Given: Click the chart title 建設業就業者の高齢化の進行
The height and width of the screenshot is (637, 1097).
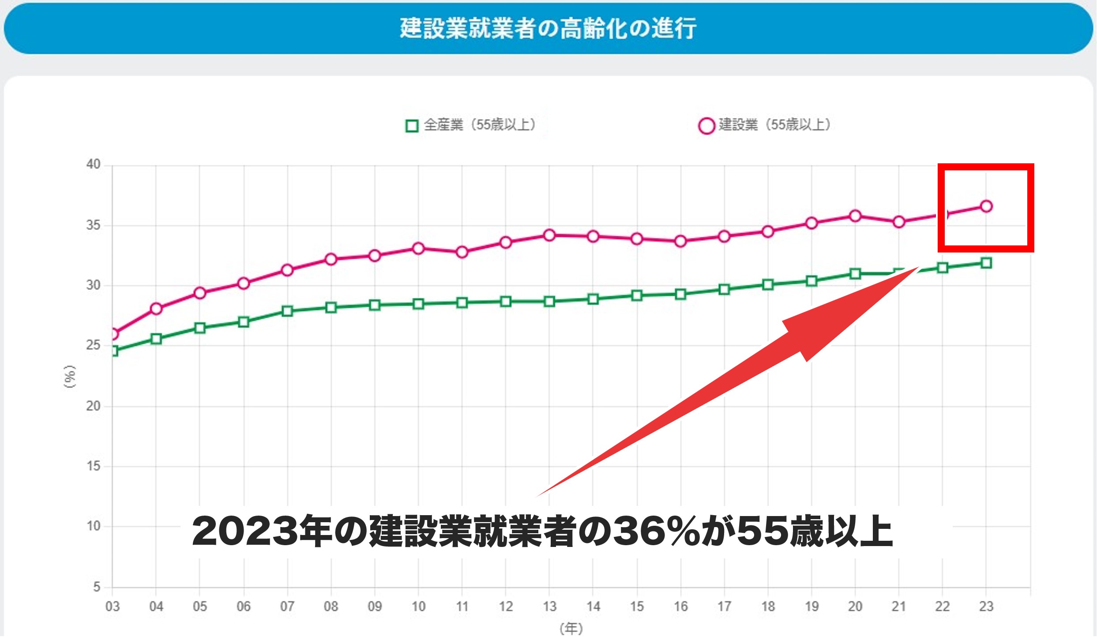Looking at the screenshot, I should pos(548,28).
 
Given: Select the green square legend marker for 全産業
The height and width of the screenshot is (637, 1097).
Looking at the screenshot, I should pos(412,126).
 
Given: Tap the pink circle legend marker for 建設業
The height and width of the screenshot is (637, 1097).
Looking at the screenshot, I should pos(706,126).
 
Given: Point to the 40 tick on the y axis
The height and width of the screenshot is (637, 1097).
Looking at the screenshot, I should pos(94,165).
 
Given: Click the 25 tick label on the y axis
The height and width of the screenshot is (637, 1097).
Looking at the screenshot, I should pos(94,345).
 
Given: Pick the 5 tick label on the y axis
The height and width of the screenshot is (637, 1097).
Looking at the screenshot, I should pos(97,587).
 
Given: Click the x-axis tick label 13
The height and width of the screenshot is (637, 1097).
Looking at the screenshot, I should pos(549,607).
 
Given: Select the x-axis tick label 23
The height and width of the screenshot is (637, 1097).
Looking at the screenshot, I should pos(986,607).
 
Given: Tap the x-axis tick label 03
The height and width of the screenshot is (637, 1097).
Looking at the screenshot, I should pos(113,607).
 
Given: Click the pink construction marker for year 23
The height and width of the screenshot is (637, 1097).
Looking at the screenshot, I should pos(986,206).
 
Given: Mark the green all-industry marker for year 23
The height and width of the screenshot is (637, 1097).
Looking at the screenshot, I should pos(986,263).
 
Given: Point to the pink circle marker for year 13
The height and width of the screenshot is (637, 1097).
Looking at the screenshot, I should pos(549,235).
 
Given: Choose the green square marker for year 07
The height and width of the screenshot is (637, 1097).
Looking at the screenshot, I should pos(287,311).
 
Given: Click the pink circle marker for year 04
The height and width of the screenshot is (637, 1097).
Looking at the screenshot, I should pos(156,309).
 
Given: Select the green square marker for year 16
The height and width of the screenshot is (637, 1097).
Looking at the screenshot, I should pos(680,294).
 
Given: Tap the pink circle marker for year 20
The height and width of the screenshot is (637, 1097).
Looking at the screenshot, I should pos(855,216).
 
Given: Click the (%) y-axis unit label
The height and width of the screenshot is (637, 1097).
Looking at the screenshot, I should pos(70,377).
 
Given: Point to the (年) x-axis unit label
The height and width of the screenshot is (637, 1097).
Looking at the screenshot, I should pos(571,628).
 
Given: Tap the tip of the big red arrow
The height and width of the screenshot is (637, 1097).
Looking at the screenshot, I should pos(919,267).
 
